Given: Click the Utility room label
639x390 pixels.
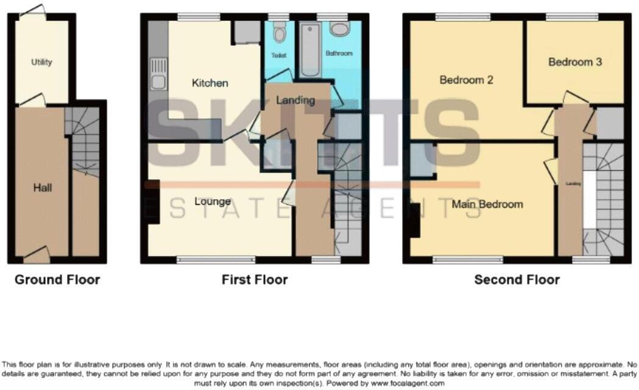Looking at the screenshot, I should coord(42,62).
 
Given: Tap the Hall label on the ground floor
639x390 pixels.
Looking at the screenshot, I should coord(42,188).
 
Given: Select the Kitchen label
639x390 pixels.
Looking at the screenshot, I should coord(210,83).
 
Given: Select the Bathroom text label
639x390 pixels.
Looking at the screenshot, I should coord(339,54).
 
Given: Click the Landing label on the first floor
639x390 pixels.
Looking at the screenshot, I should coord(295,100).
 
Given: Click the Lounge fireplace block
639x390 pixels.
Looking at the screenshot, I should coord(152,200).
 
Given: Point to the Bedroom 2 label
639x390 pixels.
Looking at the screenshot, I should coord(466,80).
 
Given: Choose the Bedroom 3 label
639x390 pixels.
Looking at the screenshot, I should coord(574,62).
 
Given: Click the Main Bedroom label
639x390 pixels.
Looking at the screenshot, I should coord(487,204).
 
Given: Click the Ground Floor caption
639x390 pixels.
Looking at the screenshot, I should coord(57,280).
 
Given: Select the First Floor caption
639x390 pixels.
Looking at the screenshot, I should coord(254,280).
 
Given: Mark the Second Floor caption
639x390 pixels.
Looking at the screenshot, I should coord(517,280).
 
